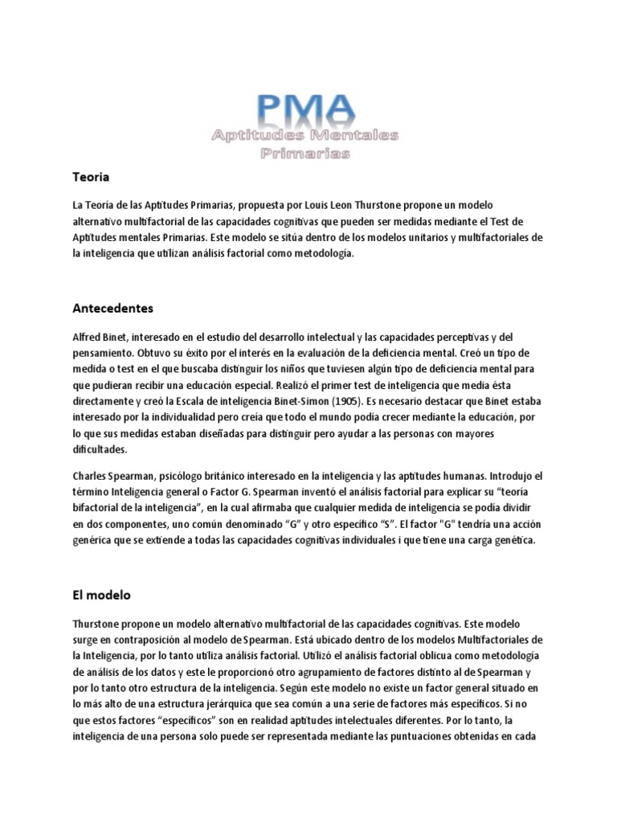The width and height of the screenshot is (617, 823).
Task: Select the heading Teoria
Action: point(91,176)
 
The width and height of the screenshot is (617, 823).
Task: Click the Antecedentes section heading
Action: point(113,308)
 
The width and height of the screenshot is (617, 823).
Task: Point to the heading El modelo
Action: point(102,596)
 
